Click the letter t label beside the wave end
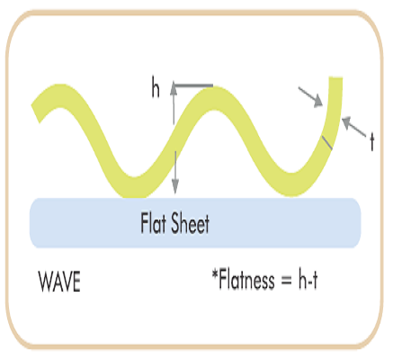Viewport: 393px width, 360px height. point(372,142)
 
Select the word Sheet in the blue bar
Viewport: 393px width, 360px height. point(190,223)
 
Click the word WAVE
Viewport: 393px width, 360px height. point(59,282)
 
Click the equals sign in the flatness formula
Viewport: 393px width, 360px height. point(286,282)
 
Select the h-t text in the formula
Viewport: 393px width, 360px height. point(308,280)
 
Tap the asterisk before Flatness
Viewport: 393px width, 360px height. point(215,274)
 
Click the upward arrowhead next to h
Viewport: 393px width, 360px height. point(174,87)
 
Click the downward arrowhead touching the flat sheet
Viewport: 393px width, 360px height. point(175,187)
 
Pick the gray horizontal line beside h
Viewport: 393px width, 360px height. point(193,86)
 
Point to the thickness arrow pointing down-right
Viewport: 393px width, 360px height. point(310,97)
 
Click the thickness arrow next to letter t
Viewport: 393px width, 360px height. point(353,127)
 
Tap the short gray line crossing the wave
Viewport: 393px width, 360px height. point(326,142)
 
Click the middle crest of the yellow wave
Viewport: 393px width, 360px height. point(213,98)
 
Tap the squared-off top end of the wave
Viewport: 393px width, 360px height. point(335,78)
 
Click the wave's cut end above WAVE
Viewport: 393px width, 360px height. point(36,113)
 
